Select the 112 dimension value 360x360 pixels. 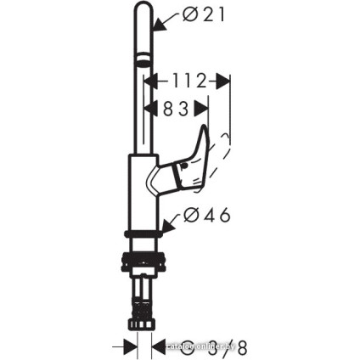pos(186,81)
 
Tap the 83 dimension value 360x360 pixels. pos(176,109)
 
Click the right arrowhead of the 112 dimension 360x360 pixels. pos(224,81)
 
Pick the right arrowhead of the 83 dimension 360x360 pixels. pos(203,109)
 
